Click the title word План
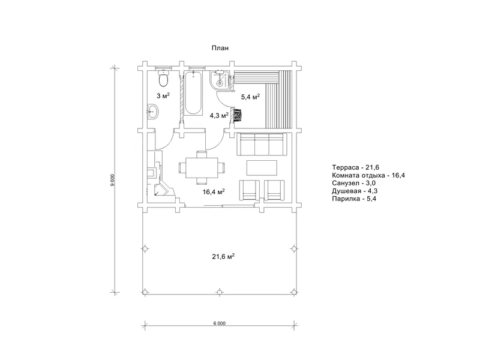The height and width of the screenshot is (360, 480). pos(220,48)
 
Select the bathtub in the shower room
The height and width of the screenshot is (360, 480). pos(193,93)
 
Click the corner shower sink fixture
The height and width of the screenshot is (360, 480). pos(220,80)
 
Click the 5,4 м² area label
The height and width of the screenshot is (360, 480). pos(250,97)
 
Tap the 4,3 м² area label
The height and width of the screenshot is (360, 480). pos(219,116)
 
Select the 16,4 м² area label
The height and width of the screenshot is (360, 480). pos(214,192)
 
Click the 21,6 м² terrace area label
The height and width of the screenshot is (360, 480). pos(223,257)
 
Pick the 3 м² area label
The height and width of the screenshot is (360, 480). pos(163,96)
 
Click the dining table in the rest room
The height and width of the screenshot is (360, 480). pos(202,167)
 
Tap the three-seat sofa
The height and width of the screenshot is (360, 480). pos(262,144)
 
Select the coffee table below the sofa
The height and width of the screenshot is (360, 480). pos(262,168)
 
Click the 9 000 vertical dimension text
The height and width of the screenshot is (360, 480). pos(112,181)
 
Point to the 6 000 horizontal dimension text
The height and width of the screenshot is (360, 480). pos(219,323)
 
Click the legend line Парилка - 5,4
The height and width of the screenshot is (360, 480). pos(354,199)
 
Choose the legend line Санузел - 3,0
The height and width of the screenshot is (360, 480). pos(354,183)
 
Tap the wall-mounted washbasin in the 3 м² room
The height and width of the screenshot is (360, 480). pos(152,112)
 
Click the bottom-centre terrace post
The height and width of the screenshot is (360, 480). pos(219,292)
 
